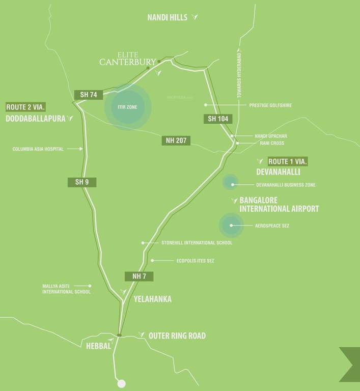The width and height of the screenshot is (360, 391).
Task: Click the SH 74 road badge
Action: (x=89, y=94)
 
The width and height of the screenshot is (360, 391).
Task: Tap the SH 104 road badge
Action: (x=218, y=119)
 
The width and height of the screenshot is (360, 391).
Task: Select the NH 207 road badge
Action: (x=176, y=141)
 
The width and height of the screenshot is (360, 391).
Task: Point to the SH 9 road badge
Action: (x=81, y=182)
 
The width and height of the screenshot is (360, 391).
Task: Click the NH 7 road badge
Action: (x=139, y=276)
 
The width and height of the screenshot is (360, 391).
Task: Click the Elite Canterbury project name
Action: (x=127, y=59)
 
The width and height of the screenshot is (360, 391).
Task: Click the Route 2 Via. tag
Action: (x=26, y=107)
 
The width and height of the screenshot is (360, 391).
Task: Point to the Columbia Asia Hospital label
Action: (x=38, y=149)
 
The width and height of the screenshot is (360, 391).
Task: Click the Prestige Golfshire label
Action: (x=270, y=105)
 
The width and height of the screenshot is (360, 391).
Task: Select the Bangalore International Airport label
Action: (x=279, y=205)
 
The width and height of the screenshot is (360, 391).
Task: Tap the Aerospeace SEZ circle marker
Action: (x=231, y=226)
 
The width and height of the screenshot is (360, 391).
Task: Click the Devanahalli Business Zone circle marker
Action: (x=230, y=182)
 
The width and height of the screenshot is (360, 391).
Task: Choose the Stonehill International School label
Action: (x=197, y=243)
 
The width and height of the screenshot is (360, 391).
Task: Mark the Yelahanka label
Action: (x=152, y=299)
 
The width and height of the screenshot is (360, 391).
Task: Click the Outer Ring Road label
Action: (x=177, y=336)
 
